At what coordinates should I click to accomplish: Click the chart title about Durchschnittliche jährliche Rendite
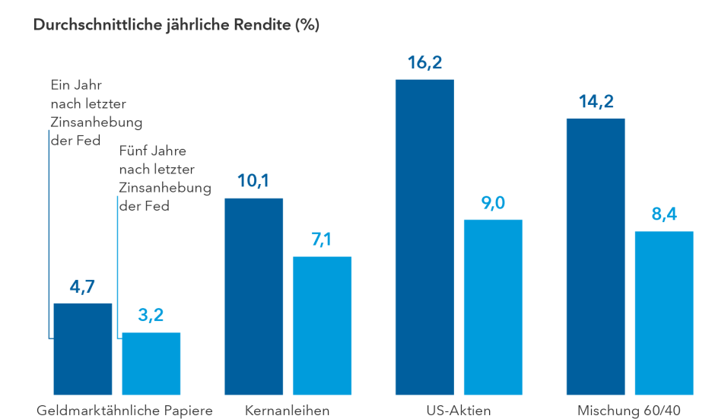click(x=176, y=25)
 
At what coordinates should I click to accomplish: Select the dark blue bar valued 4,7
click(x=82, y=349)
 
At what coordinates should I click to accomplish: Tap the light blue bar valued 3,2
click(x=151, y=363)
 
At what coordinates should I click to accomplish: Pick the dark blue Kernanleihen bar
click(x=253, y=297)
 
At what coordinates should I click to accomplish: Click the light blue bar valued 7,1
click(x=322, y=325)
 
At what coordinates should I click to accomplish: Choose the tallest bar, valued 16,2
click(x=424, y=237)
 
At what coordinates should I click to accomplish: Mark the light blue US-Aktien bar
click(x=493, y=307)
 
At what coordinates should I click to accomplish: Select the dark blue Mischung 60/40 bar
click(x=596, y=257)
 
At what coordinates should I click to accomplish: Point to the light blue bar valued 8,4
click(x=664, y=313)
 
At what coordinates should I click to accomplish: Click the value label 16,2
click(x=424, y=63)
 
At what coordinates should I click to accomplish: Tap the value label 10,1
click(x=253, y=182)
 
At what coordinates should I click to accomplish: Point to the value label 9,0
click(x=493, y=204)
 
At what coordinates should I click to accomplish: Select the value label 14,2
click(x=596, y=102)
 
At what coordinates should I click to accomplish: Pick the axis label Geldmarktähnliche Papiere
click(x=125, y=411)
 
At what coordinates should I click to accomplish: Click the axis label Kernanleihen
click(x=288, y=411)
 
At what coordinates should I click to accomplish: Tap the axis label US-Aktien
click(x=459, y=411)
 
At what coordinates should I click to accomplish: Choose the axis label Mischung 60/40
click(x=629, y=411)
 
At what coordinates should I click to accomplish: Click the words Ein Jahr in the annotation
click(x=76, y=84)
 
